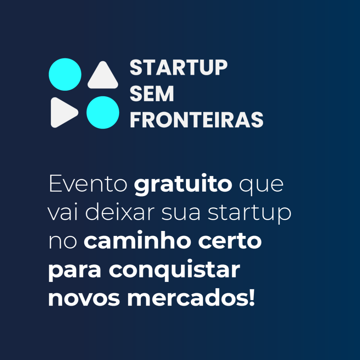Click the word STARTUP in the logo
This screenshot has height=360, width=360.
point(178,67)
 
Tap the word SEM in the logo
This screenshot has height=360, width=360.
point(152,94)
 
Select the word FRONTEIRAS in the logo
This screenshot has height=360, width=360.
point(197,120)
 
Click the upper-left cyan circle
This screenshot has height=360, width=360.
point(65,75)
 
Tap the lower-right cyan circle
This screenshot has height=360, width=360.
point(103,112)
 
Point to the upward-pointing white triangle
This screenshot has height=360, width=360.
point(103,75)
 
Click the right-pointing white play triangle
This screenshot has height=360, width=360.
point(64,112)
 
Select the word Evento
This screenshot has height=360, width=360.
point(88,183)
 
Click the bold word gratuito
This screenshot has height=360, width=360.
point(183,185)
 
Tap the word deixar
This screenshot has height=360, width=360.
point(120,212)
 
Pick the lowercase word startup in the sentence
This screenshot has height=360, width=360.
point(250,213)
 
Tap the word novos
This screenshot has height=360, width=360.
point(84,298)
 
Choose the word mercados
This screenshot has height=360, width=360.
point(188,297)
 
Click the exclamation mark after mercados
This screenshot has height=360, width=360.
point(252,297)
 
